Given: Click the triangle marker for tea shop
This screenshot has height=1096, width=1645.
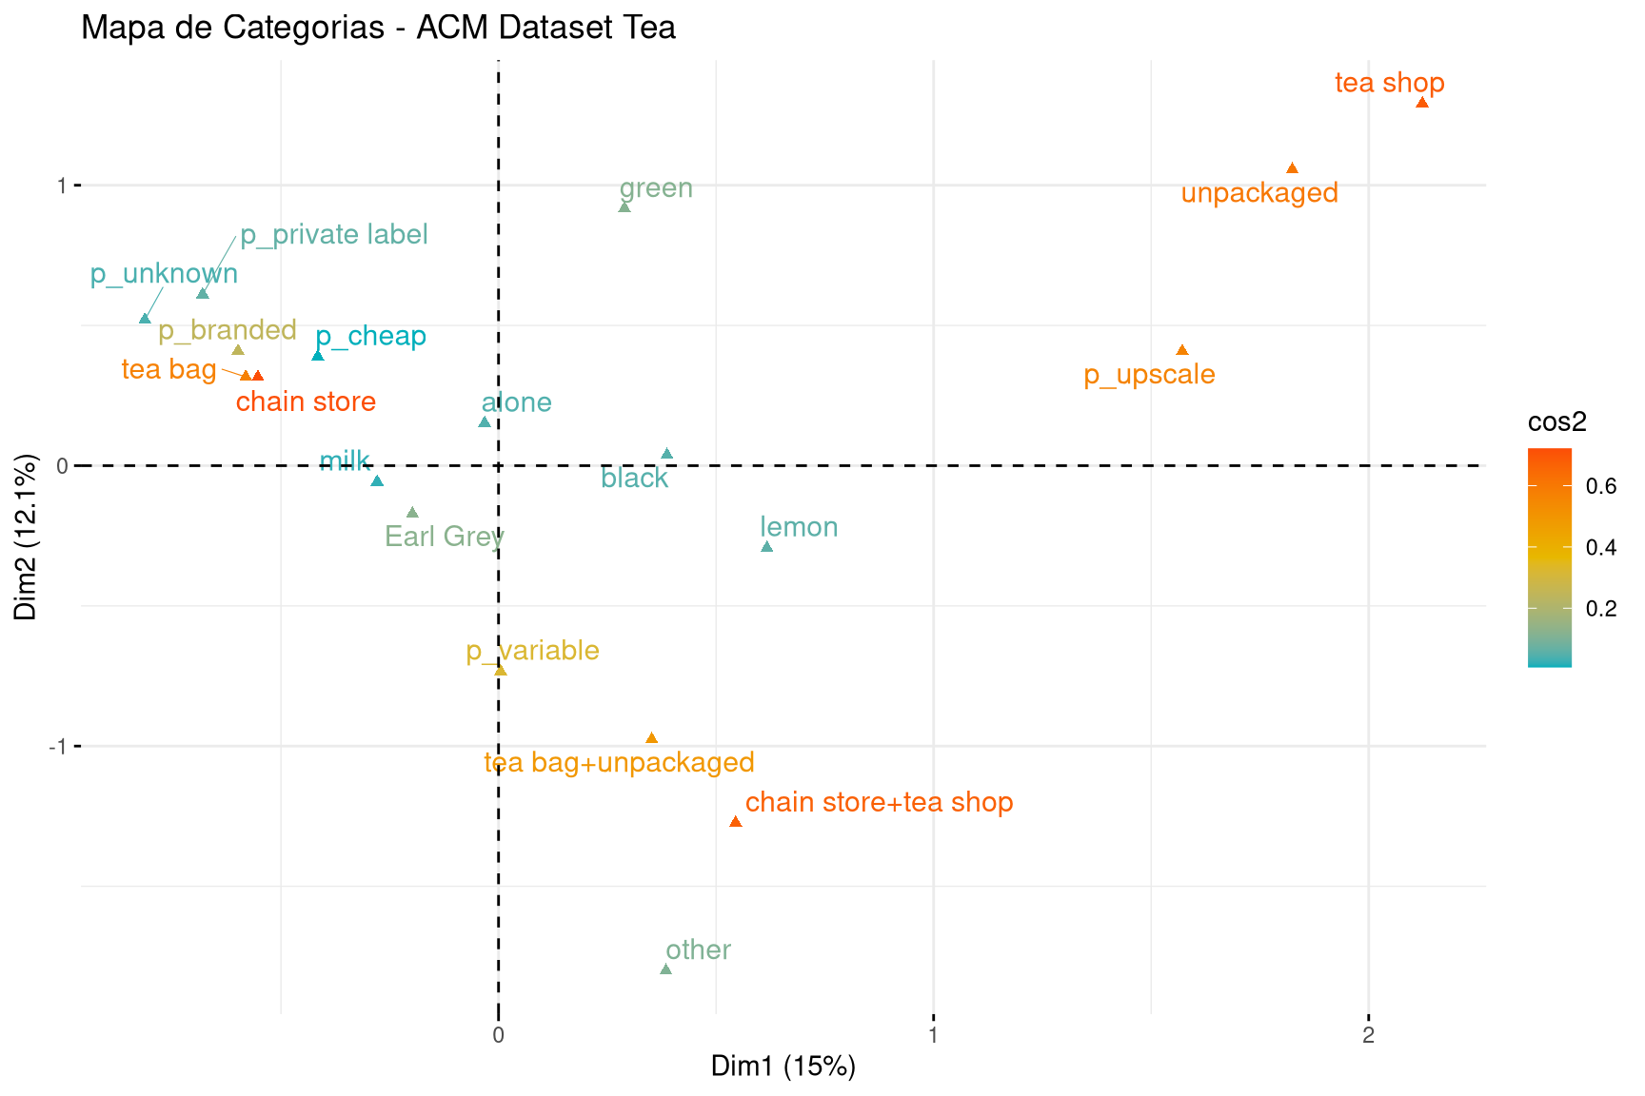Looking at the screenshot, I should click(x=1422, y=103).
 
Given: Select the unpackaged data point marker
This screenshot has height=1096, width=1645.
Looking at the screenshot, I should click(x=1292, y=168).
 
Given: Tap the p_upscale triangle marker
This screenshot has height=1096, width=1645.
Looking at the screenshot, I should click(x=1182, y=350).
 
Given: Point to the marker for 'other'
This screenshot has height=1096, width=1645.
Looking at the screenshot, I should click(x=665, y=969).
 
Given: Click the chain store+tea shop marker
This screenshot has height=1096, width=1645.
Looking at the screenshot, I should click(x=735, y=821).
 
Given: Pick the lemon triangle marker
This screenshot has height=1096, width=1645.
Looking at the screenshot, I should click(x=766, y=547).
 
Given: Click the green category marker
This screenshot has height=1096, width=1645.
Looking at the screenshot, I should click(x=624, y=206).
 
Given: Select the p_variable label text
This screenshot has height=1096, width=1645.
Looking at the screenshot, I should click(x=532, y=651).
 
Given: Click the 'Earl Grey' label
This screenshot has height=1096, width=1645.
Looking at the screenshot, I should click(x=444, y=537).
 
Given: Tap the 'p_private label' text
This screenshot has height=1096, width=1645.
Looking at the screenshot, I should click(x=333, y=234).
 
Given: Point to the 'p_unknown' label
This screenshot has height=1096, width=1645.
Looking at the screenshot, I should click(x=164, y=274).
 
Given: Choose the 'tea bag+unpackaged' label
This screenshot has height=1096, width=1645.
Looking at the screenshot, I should click(x=619, y=762).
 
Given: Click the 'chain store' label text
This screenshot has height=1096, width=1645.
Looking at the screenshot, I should click(x=306, y=401).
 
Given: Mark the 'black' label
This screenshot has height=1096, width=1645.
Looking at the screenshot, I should click(x=634, y=478).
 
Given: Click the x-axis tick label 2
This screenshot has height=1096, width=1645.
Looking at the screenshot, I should click(x=1368, y=1035).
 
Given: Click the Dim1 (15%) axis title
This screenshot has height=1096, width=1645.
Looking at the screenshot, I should click(x=783, y=1067).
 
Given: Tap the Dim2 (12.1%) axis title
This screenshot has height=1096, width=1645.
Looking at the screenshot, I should click(x=26, y=537).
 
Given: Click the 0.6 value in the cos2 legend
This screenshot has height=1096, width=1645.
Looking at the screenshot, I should click(x=1601, y=486).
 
